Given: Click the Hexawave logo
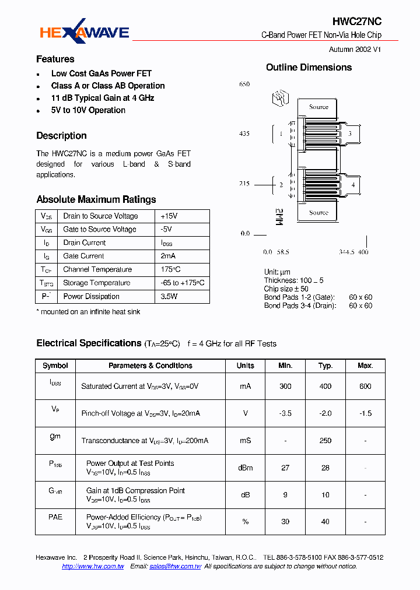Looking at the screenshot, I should coord(84,33).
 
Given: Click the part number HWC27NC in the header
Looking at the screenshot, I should coord(357,22).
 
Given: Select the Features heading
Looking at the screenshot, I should coord(55,59).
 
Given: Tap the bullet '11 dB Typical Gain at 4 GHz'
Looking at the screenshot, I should coord(103,98).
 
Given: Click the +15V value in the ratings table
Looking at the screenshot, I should coord(169,216).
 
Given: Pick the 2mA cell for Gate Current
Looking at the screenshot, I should coord(169,256).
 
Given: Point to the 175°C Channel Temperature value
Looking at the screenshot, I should coord(171,269).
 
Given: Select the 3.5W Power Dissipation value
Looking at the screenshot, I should coord(169,296).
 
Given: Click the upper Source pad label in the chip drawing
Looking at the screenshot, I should coord(318,107).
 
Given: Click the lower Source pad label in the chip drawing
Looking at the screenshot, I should coord(318,213).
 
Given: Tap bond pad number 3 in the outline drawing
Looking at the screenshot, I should coord(349,134).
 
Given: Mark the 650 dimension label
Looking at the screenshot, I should coord(244,85).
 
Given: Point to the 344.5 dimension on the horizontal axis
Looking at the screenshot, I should coord(347,252).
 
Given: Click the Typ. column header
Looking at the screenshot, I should coord(325,366).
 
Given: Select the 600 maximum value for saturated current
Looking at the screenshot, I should coord(365,386).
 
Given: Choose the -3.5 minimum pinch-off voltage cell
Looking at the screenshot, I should coord(285,413).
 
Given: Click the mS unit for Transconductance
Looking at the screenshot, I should coord(245,441).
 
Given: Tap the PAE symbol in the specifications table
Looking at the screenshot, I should coord(55,517).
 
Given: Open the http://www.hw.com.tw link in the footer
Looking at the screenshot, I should coord(93,567).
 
